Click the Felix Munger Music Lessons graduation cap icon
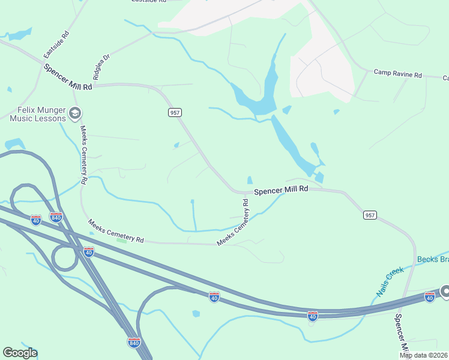point(75,113)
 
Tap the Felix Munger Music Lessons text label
point(37,114)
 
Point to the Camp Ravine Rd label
point(398,74)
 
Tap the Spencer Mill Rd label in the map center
point(281,190)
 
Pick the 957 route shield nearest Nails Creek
point(370,215)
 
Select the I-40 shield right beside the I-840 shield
point(36,220)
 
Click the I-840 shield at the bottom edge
point(134,343)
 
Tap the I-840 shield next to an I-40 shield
point(56,217)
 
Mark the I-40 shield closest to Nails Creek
point(429,296)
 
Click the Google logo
point(20,353)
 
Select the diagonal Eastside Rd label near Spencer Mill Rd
point(57,45)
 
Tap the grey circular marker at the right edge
point(445,292)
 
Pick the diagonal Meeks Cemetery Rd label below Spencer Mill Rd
point(234,223)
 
